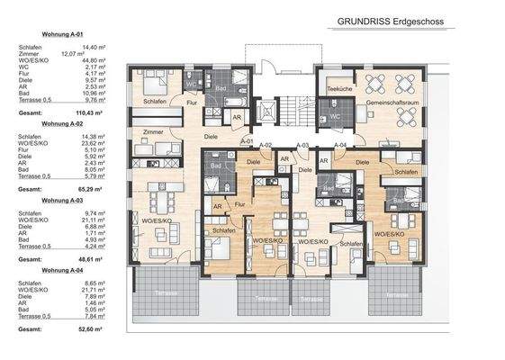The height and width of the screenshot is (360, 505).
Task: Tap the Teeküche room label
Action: (x=338, y=90)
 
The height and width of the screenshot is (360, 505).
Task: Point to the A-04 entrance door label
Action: (x=339, y=145)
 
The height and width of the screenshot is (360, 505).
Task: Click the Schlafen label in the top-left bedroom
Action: (x=156, y=102)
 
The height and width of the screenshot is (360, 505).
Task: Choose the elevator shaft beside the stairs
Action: (x=266, y=110)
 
